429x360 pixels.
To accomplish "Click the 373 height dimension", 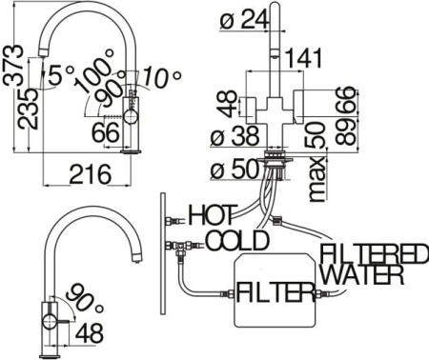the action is click(13, 65).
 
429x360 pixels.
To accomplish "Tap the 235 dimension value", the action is click(28, 109).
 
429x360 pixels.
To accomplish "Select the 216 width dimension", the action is click(91, 173).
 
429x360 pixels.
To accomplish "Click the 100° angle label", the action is click(93, 70).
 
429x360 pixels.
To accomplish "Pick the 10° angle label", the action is click(161, 77).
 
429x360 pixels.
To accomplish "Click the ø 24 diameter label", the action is click(244, 21).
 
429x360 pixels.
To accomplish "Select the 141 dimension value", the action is click(303, 58).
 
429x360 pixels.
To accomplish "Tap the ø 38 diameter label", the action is click(235, 136).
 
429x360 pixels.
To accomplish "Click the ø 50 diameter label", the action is click(235, 170).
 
